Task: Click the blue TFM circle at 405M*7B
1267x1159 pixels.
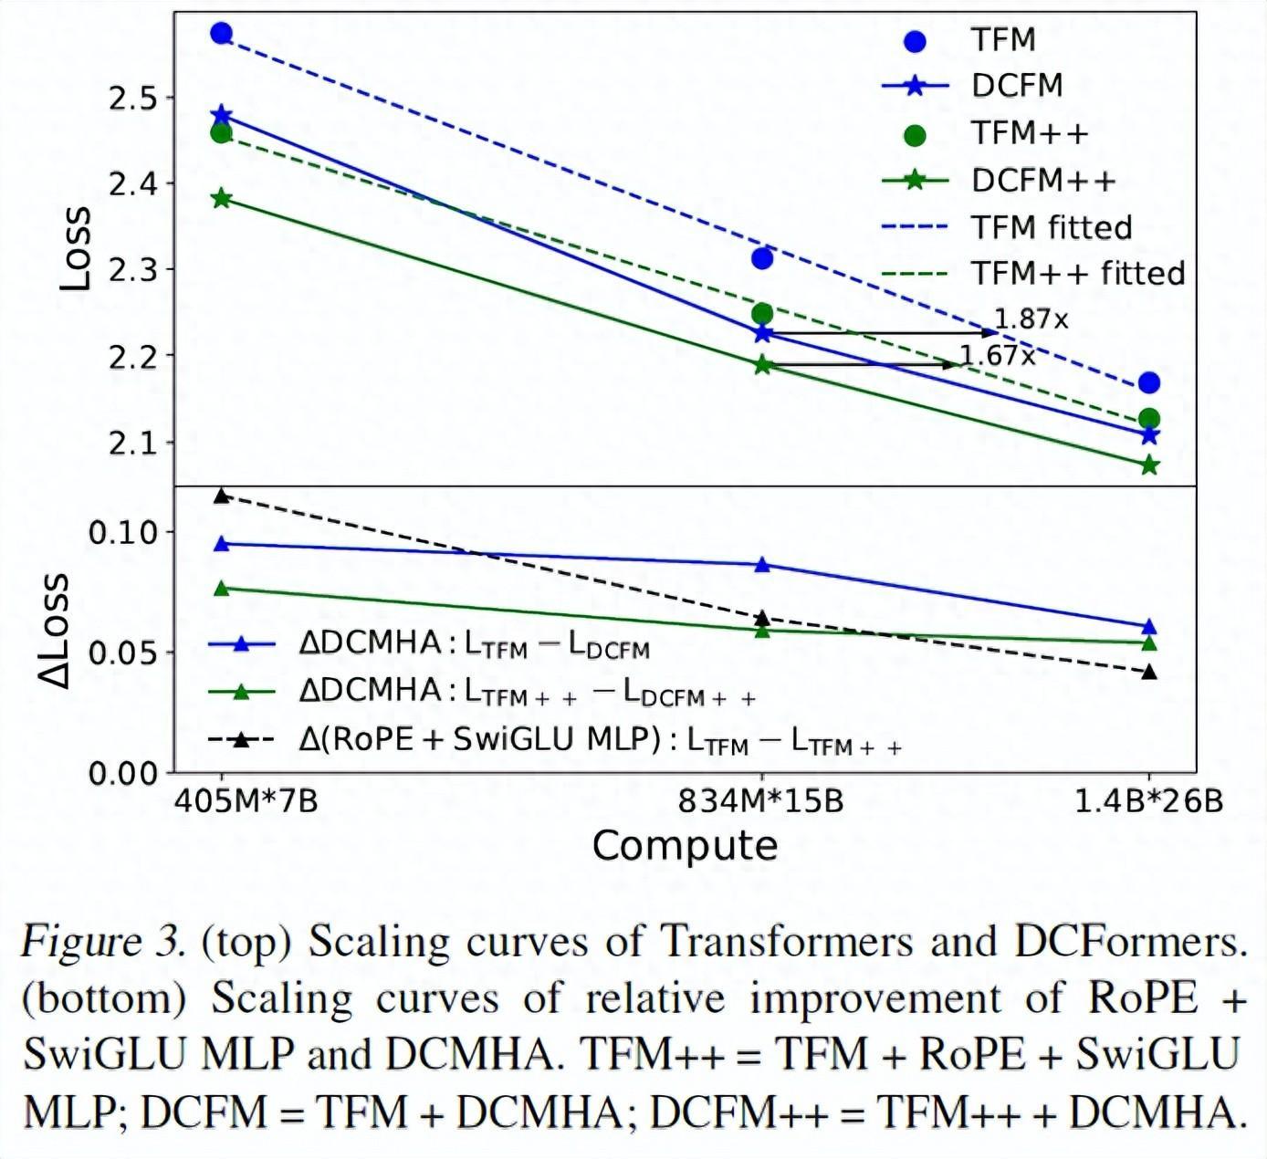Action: [221, 34]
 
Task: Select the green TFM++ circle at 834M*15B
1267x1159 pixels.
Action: [762, 314]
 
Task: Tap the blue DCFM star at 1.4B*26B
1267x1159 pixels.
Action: [1149, 435]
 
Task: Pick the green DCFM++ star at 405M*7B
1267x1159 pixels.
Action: [221, 199]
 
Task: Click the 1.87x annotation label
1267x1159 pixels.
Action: [1031, 319]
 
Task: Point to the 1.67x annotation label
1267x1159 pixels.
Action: [998, 356]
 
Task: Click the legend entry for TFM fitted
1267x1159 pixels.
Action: [1050, 227]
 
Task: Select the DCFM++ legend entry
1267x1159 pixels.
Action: [1042, 181]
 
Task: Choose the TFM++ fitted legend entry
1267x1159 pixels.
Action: [1076, 273]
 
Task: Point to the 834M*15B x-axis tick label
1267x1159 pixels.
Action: [760, 801]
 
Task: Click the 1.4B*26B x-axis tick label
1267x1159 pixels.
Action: [1147, 801]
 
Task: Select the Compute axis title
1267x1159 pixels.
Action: [685, 845]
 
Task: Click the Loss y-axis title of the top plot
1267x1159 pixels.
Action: [75, 248]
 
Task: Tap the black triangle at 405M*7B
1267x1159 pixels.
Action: [221, 496]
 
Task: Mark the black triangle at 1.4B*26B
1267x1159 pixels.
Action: [1149, 673]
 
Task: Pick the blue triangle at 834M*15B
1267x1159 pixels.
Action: [762, 565]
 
